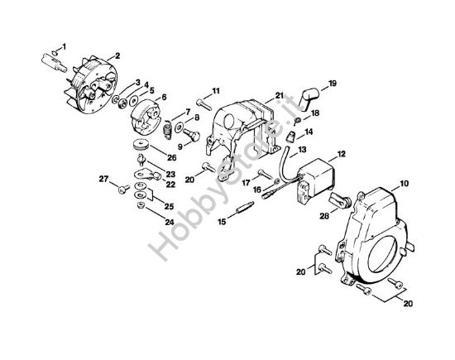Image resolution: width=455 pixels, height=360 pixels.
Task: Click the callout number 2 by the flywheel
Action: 117,55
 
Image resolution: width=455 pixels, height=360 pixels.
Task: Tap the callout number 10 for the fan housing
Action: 404,184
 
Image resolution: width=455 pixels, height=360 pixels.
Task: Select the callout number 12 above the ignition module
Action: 341,154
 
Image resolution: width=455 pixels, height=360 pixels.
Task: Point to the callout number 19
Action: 333,84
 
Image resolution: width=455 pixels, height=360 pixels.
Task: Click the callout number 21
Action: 279,95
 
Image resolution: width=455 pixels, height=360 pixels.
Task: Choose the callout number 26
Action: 172,157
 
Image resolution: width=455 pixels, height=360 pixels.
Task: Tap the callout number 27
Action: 103,179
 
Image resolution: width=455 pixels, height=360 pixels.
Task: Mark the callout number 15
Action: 222,222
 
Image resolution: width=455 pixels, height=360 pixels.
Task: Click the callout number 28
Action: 324,216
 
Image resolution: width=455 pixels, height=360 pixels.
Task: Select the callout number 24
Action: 170,223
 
